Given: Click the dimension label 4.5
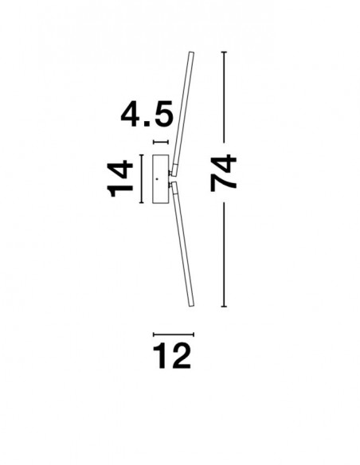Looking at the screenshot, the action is coord(147,114).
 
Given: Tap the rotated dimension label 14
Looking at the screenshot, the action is coord(119,179).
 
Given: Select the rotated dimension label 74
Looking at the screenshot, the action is coord(223,173).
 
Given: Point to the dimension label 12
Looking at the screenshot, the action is coord(172,355).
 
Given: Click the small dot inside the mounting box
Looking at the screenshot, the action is coord(157,179).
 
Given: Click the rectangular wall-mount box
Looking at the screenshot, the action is coord(161,179).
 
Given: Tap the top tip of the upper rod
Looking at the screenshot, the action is coord(192,53).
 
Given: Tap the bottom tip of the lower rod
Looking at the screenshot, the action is coord(192,306).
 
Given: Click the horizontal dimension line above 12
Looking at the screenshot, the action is coord(174,334).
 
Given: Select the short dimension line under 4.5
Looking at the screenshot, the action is coord(161,143).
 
